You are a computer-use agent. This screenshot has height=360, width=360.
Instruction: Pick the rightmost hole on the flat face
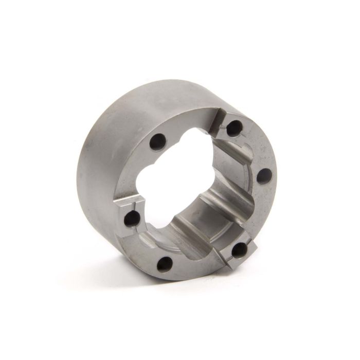(x=262, y=176)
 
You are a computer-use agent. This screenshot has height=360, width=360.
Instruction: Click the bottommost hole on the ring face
(x=165, y=265)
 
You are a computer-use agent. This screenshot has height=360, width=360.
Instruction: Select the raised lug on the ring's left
(x=129, y=216)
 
